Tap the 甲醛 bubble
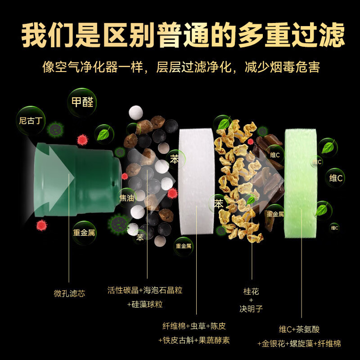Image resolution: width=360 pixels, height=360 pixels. click(x=82, y=102)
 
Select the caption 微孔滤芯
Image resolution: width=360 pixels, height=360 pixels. click(x=69, y=293)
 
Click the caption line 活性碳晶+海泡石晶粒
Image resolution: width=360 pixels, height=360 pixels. click(x=145, y=290)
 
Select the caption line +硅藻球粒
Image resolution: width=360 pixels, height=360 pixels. click(x=145, y=305)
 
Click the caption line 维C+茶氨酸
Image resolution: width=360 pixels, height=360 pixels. click(x=299, y=329)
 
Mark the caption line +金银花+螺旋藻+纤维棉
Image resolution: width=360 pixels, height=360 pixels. click(x=299, y=344)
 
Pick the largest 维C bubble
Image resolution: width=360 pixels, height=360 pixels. click(x=336, y=178)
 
